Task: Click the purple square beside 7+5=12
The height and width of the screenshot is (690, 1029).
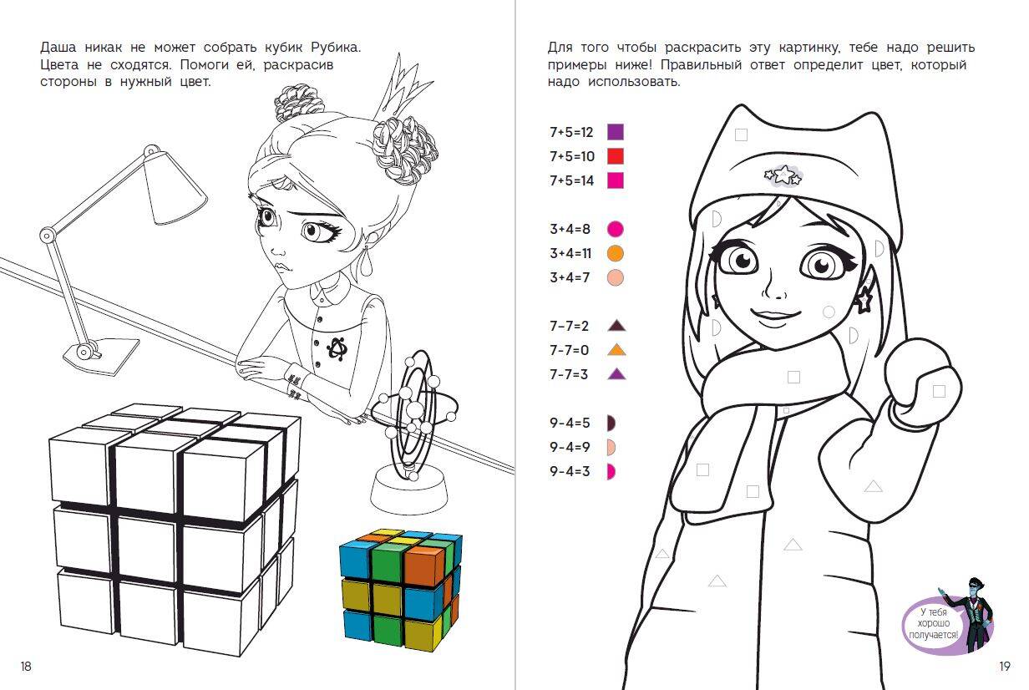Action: point(616,132)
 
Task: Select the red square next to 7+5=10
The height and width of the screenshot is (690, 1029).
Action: point(616,156)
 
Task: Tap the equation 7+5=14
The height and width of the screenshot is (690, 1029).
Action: point(572,180)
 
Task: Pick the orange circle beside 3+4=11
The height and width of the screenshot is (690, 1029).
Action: point(616,253)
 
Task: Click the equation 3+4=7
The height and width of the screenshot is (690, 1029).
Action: point(570,277)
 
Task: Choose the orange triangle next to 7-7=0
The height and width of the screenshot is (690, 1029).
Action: point(616,350)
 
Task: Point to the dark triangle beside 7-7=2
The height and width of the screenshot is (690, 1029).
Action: point(616,326)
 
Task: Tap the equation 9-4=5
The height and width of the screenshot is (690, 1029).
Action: point(570,423)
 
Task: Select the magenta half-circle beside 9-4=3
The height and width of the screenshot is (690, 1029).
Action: point(611,472)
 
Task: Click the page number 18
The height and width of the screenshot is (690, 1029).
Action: point(26,666)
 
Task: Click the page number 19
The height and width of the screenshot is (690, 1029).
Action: point(1005,666)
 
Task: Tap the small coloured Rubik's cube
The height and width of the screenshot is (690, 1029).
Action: point(401,590)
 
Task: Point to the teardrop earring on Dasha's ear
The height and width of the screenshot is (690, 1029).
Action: point(366,261)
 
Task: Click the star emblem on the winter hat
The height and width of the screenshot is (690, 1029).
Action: point(783,175)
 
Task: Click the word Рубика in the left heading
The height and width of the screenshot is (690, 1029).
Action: point(336,48)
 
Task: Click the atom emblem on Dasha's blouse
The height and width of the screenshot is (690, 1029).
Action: point(337,348)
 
